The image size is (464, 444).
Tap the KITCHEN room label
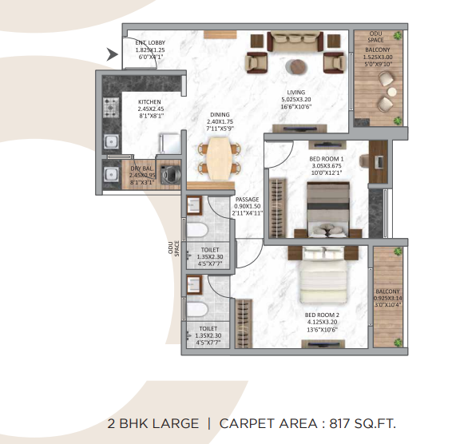pyautogui.click(x=149, y=102)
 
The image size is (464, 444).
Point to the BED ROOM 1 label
pyautogui.click(x=325, y=158)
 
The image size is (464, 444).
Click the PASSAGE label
pyautogui.click(x=247, y=198)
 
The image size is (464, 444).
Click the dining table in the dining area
pyautogui.click(x=218, y=156)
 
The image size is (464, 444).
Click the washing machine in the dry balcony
pyautogui.click(x=169, y=173)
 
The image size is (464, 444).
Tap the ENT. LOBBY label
pyautogui.click(x=150, y=43)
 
